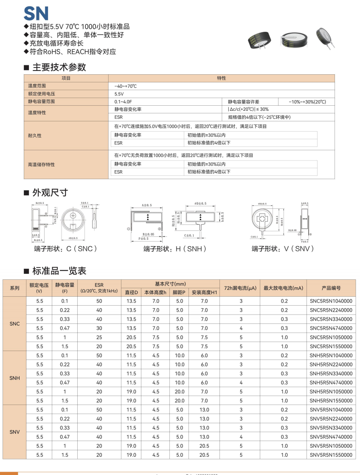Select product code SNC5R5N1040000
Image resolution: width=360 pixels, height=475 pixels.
click(x=331, y=301)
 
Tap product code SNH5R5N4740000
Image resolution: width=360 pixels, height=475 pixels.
click(x=331, y=382)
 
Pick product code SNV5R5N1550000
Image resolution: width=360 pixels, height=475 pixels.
click(x=331, y=455)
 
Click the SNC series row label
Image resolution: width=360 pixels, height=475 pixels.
click(x=14, y=324)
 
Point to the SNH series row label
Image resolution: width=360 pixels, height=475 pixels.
click(x=14, y=378)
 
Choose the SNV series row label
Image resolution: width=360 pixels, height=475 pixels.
click(x=14, y=432)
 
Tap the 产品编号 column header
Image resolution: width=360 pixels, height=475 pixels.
click(x=331, y=288)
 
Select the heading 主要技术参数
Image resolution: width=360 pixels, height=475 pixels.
click(x=59, y=67)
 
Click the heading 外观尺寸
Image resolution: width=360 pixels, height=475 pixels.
click(x=50, y=192)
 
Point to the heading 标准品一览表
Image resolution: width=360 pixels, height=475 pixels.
click(x=59, y=270)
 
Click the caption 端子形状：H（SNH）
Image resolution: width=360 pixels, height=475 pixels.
click(x=174, y=249)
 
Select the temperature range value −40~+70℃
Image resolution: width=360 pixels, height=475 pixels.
click(x=126, y=86)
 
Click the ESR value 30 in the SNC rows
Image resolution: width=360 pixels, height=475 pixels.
click(x=99, y=328)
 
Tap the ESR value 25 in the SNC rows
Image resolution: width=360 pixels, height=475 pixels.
click(x=99, y=337)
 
